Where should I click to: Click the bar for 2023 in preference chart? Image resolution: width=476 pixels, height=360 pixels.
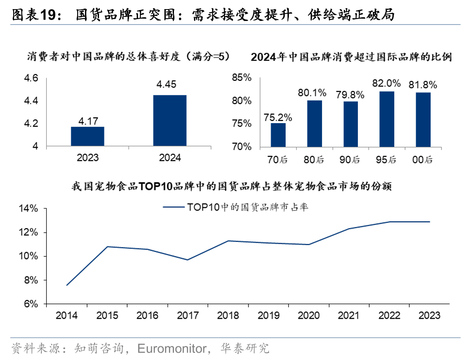click(87, 136)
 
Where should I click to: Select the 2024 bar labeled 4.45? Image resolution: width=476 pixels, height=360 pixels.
click(169, 120)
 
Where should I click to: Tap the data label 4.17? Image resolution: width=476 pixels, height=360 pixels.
click(87, 121)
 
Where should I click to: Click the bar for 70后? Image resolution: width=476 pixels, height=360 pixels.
click(278, 135)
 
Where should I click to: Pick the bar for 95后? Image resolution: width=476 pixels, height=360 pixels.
click(387, 119)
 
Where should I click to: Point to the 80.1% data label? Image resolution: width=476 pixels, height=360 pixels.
click(312, 93)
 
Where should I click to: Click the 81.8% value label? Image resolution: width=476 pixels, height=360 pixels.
click(423, 85)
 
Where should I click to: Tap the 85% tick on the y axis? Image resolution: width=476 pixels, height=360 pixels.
click(241, 78)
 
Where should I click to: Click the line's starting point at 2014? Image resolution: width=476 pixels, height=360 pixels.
click(67, 285)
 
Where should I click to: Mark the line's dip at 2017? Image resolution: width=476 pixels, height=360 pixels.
click(188, 260)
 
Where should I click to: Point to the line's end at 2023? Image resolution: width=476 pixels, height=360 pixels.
click(430, 222)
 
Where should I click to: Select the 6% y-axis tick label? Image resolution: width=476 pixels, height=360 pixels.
click(30, 305)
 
